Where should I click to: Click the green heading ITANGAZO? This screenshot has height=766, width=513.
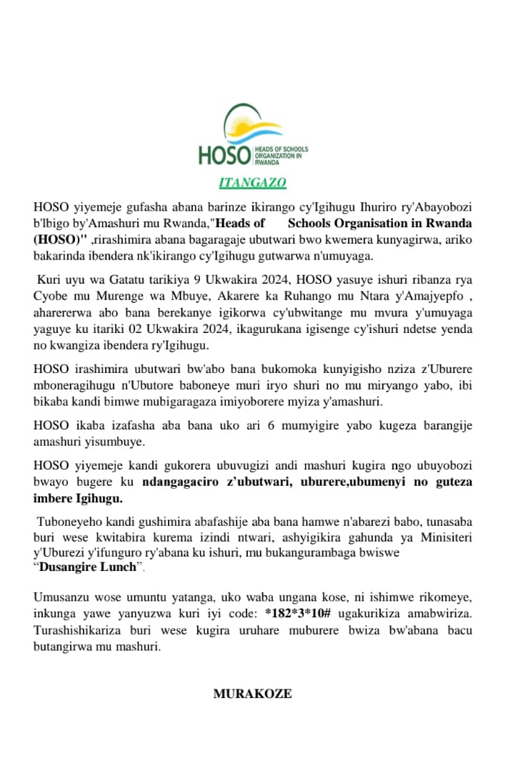(x=252, y=183)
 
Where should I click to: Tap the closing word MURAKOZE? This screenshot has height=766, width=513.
(x=252, y=693)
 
